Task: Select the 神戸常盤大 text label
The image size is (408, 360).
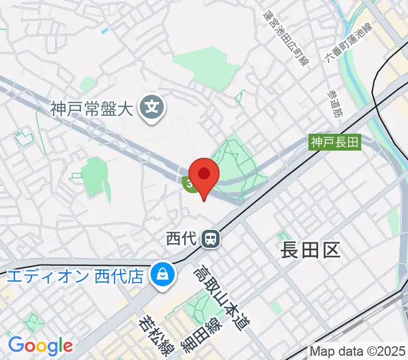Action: pyautogui.click(x=92, y=109)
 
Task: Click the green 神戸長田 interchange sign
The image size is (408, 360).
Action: pyautogui.click(x=335, y=142)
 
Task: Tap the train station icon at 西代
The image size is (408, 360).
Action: pyautogui.click(x=211, y=239)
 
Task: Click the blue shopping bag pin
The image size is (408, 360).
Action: pyautogui.click(x=162, y=276)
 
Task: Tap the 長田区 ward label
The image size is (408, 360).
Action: pyautogui.click(x=310, y=250)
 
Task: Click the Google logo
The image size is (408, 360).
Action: pyautogui.click(x=40, y=346)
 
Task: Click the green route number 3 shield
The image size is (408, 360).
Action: pyautogui.click(x=190, y=185)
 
